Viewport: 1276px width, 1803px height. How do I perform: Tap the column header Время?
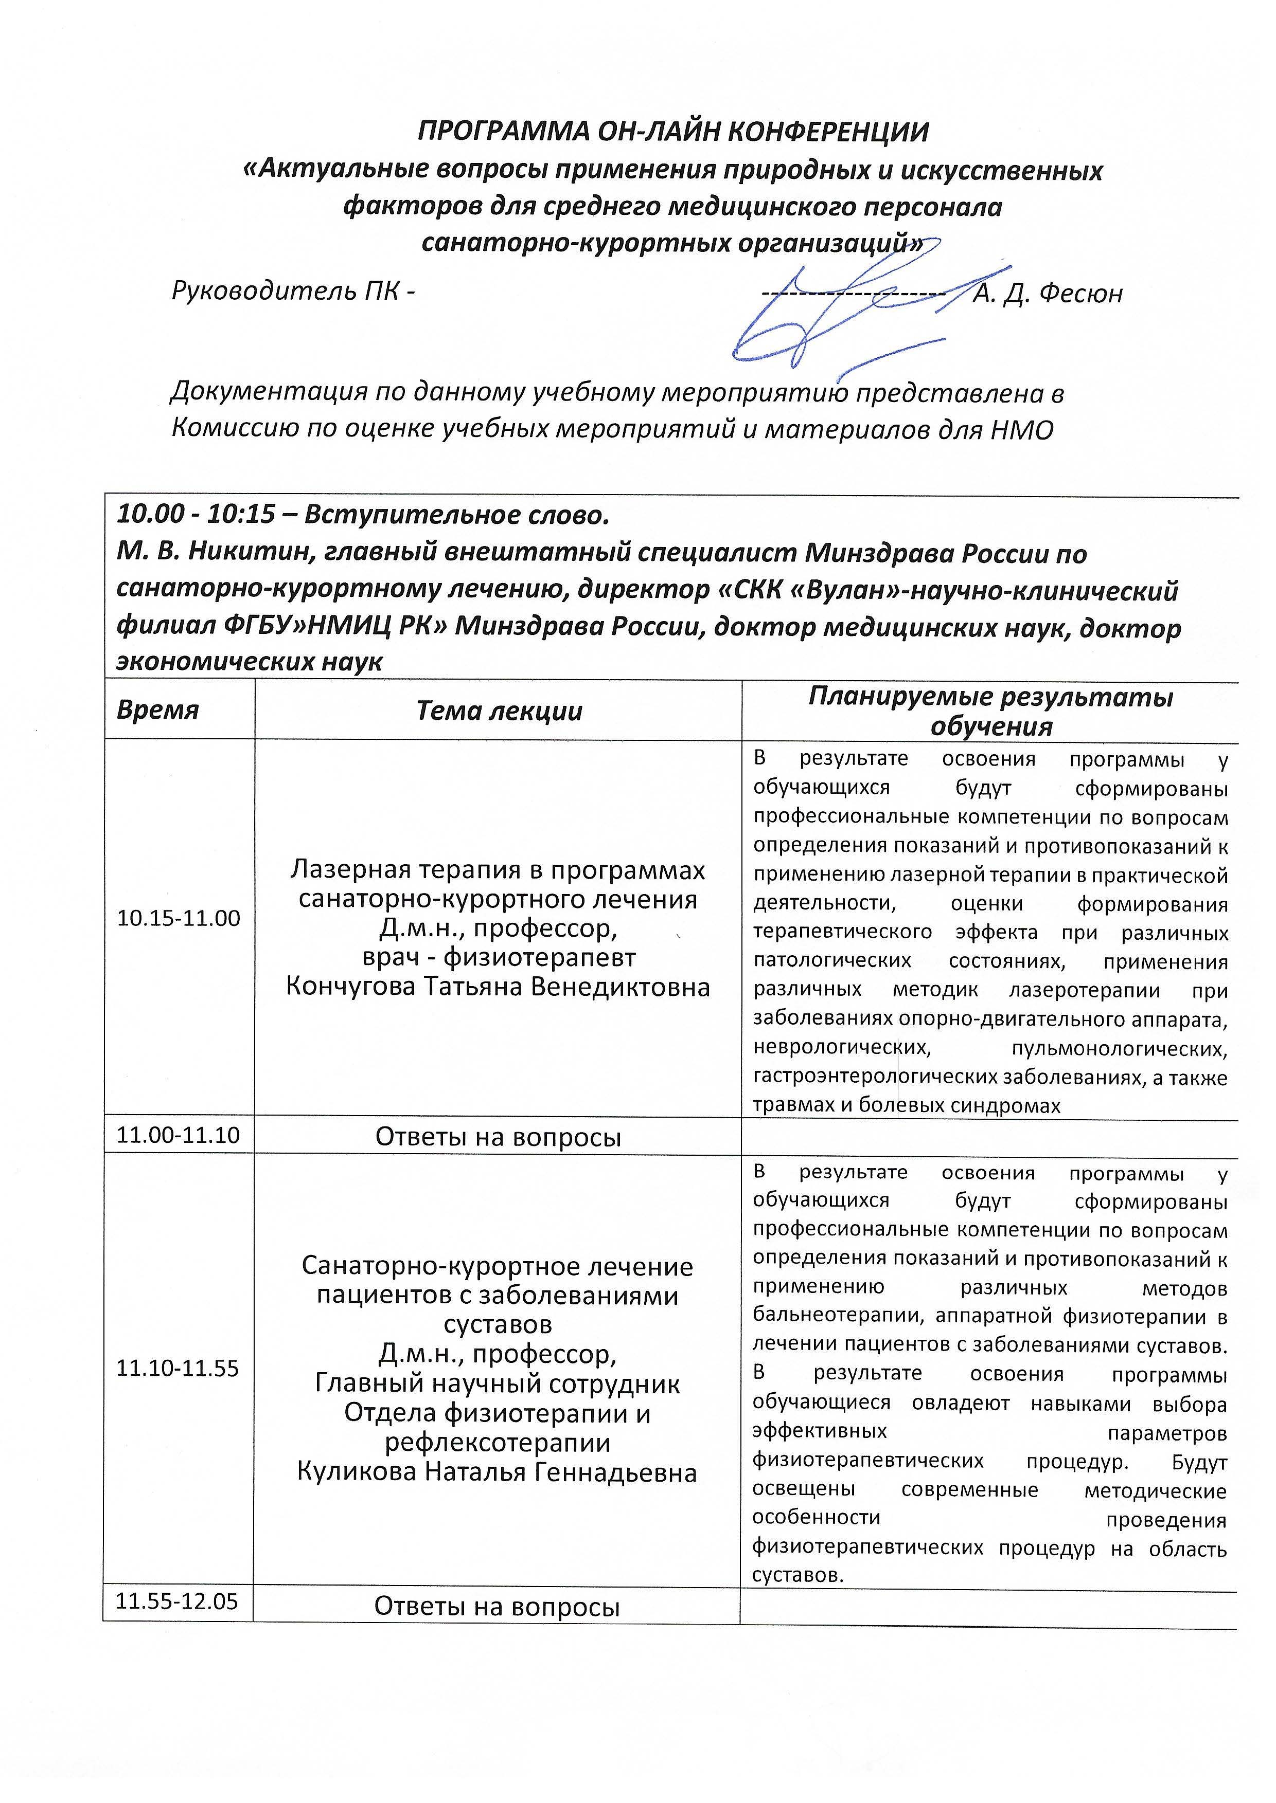coord(158,710)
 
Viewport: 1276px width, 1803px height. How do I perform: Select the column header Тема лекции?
coord(499,711)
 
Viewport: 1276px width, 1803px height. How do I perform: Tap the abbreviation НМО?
coord(1021,430)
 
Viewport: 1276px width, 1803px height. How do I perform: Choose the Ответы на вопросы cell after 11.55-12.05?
coord(498,1606)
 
